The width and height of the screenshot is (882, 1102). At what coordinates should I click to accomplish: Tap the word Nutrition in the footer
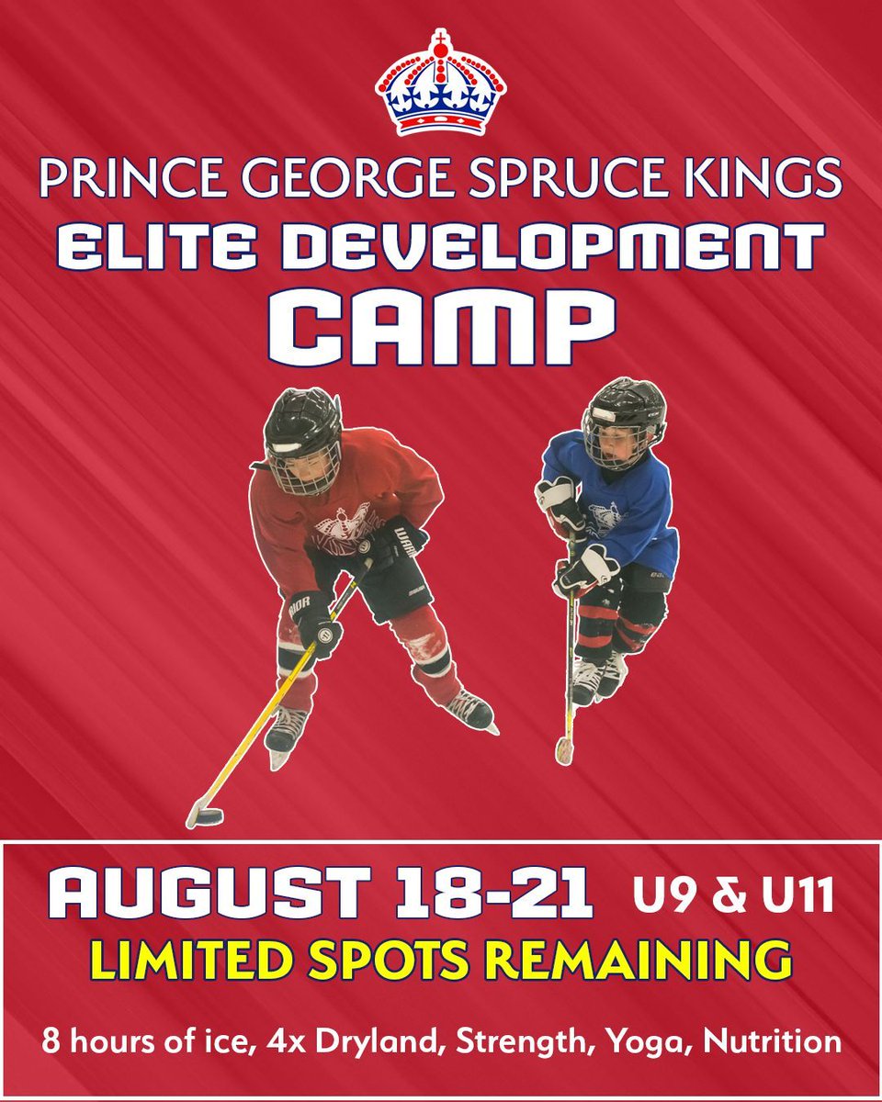[781, 1043]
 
